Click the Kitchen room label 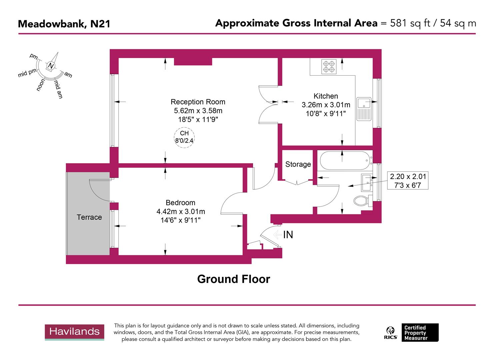[x=326, y=96]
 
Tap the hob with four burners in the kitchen [x=329, y=66]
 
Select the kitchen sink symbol [x=364, y=109]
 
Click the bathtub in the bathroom [x=345, y=161]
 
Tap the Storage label [x=298, y=164]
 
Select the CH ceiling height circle [x=184, y=137]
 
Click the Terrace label [x=89, y=217]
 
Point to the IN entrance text [x=288, y=235]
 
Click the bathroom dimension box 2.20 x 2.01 [x=408, y=181]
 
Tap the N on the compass [x=51, y=66]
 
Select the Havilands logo [x=74, y=332]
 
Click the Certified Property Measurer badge [x=420, y=333]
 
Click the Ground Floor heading [x=233, y=279]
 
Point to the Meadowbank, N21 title [x=64, y=24]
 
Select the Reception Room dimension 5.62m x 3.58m [x=198, y=111]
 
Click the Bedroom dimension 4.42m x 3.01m [x=181, y=211]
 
